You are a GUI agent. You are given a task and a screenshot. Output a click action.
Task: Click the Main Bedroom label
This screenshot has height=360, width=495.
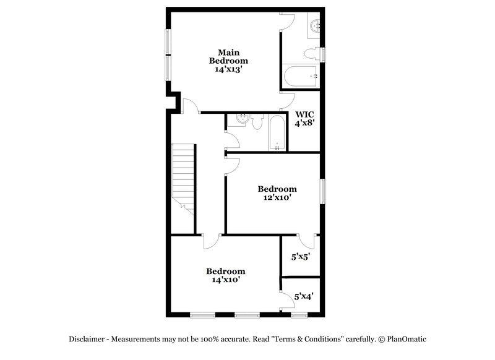(x=228, y=56)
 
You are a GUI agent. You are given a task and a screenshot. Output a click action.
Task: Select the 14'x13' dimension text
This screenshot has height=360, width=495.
(x=228, y=70)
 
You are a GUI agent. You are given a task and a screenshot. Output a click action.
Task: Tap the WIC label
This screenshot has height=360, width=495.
(x=304, y=114)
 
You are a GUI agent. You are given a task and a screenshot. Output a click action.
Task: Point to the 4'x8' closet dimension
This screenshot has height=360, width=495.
(x=304, y=124)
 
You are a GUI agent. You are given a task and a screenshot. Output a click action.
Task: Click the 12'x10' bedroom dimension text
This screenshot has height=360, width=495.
(x=277, y=198)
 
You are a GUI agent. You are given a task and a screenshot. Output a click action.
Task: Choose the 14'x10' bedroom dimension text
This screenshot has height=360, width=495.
(x=225, y=280)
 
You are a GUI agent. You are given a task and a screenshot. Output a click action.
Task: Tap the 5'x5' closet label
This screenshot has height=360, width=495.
(x=301, y=255)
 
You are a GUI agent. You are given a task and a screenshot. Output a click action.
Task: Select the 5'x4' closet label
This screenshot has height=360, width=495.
(x=303, y=296)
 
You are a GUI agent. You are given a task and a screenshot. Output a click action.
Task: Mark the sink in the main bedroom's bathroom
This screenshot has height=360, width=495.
(x=315, y=26)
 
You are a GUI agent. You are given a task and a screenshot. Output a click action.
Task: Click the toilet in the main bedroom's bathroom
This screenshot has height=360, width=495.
(x=317, y=54)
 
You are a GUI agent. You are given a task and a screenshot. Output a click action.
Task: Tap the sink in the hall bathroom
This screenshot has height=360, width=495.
(x=243, y=119)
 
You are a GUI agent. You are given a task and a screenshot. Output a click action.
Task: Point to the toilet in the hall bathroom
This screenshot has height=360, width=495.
(x=257, y=120)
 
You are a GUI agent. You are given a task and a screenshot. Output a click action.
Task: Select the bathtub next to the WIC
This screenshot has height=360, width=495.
(x=277, y=132)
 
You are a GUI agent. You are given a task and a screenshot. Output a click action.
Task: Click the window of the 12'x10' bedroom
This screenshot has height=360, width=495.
(x=322, y=191)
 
